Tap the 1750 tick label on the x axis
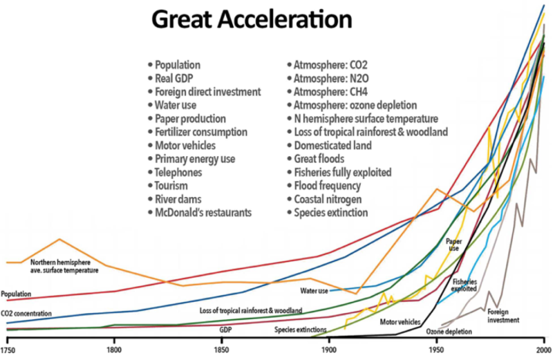coord(8,350)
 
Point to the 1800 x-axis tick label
coord(114,350)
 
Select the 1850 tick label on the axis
coord(223,350)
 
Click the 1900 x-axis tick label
coord(329,350)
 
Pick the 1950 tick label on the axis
coord(437,350)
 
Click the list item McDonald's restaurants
coord(203,211)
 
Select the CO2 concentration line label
coord(26,314)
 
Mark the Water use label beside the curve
coord(315,290)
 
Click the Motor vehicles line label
coord(400,321)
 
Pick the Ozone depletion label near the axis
coord(449,332)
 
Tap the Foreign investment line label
coord(503,316)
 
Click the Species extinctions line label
coord(301,330)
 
